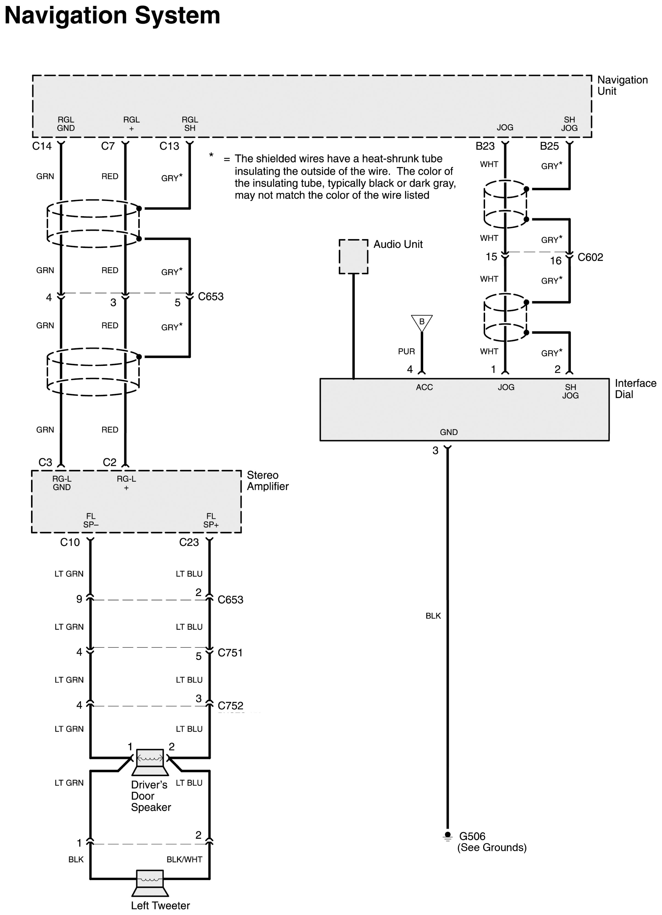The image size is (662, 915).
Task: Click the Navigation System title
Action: tap(112, 15)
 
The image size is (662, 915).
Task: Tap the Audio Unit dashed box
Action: tap(353, 256)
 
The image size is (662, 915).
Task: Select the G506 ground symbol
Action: tap(447, 836)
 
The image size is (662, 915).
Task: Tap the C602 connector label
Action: tap(590, 257)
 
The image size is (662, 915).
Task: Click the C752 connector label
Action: tap(230, 706)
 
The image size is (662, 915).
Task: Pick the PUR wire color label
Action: tap(406, 351)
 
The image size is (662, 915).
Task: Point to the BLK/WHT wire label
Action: tap(184, 859)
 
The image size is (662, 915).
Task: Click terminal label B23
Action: tap(485, 146)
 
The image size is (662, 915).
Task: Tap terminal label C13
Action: tap(169, 146)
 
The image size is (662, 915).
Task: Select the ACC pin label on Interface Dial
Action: tap(425, 387)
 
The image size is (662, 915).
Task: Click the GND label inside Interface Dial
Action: tap(449, 432)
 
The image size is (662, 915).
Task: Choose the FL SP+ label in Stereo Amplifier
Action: tap(211, 520)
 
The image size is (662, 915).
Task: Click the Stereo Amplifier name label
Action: tap(267, 481)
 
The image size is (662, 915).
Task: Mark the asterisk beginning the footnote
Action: tap(211, 155)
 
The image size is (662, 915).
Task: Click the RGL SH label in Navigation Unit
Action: tap(189, 124)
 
